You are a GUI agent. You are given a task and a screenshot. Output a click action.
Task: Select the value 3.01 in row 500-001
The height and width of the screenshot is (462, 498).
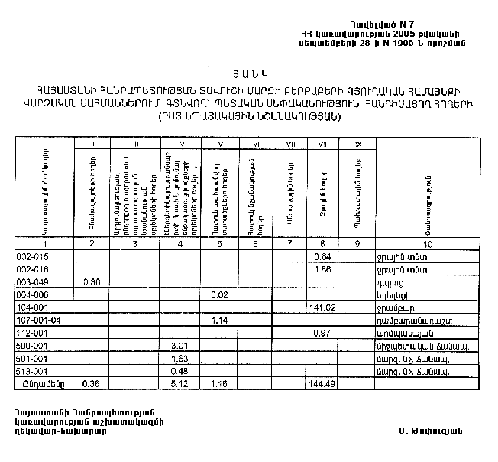point(179,346)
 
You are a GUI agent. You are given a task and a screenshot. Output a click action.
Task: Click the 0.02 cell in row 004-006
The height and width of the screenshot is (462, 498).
point(220,294)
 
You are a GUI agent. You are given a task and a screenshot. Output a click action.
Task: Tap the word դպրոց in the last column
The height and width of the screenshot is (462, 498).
point(391,282)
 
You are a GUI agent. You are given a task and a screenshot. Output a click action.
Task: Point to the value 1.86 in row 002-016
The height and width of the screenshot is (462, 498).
point(322,269)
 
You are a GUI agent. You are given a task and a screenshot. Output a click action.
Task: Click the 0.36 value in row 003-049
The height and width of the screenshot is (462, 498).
point(92,282)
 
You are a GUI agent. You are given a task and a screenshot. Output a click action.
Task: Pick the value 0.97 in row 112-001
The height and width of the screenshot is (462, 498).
point(322,333)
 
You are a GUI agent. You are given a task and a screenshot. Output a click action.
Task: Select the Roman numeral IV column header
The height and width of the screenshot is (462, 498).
point(180,144)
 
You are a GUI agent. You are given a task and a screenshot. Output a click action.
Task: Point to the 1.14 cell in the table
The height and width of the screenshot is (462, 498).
point(220,320)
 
